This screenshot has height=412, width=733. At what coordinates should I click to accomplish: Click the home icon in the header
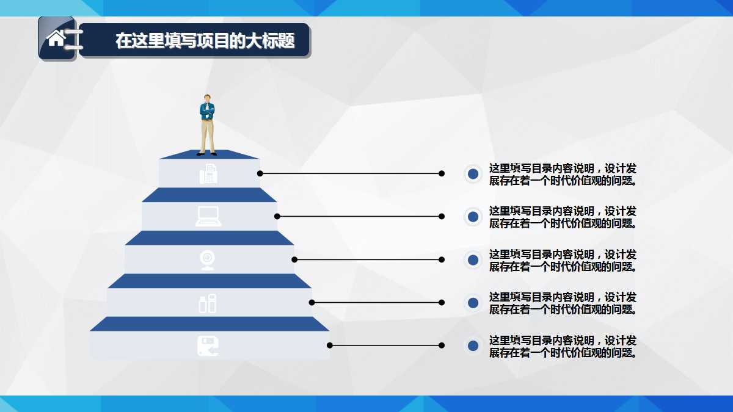[56, 38]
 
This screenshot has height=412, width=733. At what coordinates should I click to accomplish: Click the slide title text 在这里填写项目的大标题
[205, 41]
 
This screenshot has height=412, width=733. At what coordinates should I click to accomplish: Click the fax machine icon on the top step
[208, 175]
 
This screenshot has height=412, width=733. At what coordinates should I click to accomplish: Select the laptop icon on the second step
[208, 217]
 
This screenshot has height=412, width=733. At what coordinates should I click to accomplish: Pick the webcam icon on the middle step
[208, 259]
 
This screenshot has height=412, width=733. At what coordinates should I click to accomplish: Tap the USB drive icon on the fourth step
[208, 303]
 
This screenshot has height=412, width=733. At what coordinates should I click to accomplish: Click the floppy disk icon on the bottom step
[208, 345]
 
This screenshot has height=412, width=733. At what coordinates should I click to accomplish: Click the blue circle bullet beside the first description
[472, 174]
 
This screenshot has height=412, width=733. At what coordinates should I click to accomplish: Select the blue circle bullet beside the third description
[472, 260]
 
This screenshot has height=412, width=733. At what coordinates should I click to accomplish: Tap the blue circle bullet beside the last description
[472, 345]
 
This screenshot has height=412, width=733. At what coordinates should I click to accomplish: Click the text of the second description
[563, 217]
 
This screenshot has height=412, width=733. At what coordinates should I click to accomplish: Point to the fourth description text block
[563, 303]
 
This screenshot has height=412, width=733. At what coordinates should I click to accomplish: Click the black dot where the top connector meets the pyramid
[260, 173]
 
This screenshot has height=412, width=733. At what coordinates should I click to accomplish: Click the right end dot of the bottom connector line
[442, 345]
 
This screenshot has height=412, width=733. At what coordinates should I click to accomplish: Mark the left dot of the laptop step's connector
[277, 216]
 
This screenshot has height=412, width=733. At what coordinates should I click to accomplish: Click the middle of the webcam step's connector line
[368, 259]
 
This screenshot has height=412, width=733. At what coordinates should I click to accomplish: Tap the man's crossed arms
[208, 113]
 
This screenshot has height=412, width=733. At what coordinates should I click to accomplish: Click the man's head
[208, 98]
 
